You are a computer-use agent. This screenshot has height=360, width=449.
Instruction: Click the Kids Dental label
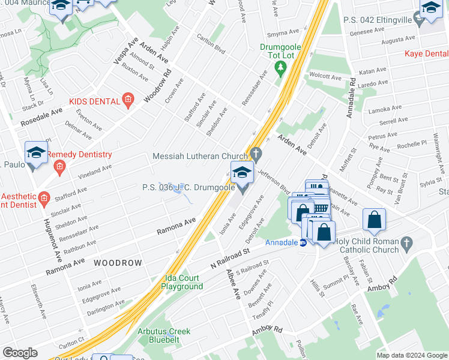(95, 101)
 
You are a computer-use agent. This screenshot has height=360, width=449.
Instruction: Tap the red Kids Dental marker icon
(127, 101)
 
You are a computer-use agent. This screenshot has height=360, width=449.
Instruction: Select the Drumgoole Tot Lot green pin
(280, 69)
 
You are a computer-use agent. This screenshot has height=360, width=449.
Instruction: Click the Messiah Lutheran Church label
(200, 156)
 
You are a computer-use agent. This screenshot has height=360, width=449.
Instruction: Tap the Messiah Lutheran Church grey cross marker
(256, 154)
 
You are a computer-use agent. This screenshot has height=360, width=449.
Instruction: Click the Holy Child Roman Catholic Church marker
(407, 244)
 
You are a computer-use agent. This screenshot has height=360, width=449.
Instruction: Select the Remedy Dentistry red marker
(59, 170)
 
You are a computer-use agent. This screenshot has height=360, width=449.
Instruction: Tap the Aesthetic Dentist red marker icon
(43, 197)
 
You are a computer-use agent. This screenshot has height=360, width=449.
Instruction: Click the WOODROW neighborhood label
(118, 263)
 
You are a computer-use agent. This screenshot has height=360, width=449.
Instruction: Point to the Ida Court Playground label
(182, 282)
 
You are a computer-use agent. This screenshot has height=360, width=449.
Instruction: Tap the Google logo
(20, 353)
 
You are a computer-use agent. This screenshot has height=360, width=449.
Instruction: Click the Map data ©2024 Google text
(411, 355)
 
